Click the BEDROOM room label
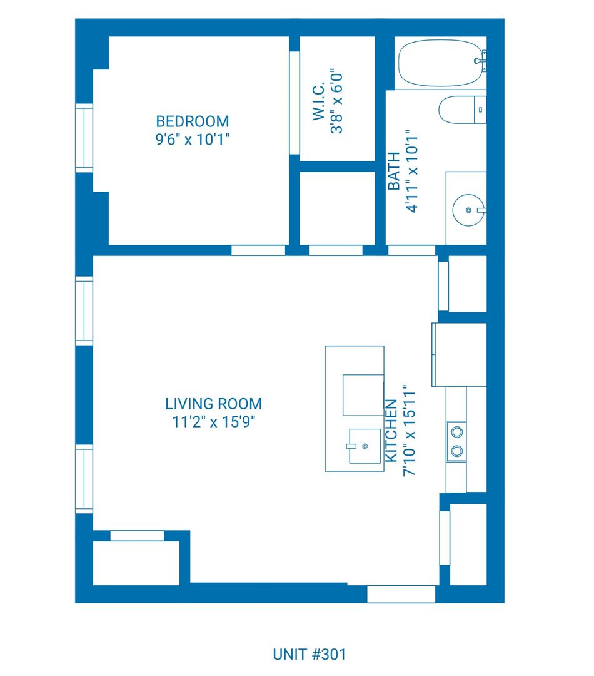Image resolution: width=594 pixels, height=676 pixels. (x=192, y=121)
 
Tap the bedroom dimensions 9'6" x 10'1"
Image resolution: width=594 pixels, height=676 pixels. (x=192, y=140)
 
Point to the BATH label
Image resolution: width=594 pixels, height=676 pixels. (x=393, y=171)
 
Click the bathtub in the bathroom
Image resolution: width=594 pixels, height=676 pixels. (x=440, y=63)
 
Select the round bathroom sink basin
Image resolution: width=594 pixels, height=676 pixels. (x=469, y=210)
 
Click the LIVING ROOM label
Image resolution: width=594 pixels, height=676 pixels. (x=214, y=404)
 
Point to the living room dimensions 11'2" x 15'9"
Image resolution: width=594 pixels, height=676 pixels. (x=214, y=422)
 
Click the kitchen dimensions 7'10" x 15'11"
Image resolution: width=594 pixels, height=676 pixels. (x=409, y=431)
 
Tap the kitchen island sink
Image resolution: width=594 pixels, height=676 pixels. (x=365, y=446)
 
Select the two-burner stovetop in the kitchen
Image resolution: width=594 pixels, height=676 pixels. (x=456, y=441)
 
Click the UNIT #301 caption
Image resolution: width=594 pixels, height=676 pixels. (x=310, y=655)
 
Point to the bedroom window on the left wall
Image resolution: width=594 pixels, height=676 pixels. (x=84, y=138)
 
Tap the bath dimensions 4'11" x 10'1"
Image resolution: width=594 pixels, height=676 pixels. (x=412, y=171)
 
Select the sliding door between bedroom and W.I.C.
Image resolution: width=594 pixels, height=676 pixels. (x=294, y=103)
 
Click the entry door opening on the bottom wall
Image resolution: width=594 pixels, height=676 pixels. (x=401, y=594)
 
